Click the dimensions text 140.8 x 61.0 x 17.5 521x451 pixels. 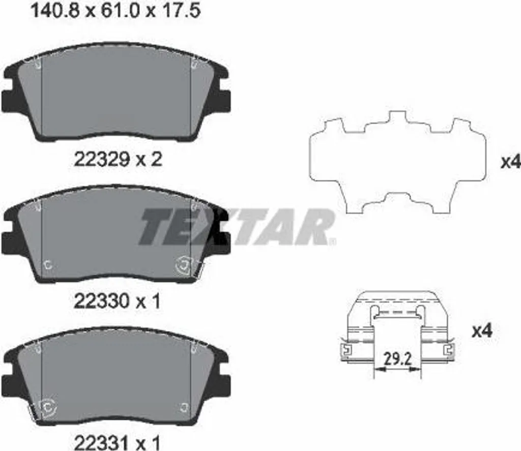tap(115, 12)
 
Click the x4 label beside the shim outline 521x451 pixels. tap(511, 162)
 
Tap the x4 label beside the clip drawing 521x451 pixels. tap(482, 331)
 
